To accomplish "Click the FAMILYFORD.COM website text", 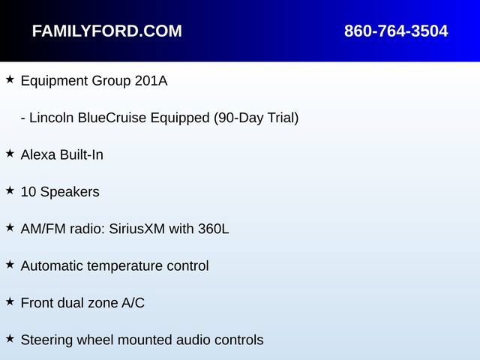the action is [x=106, y=31].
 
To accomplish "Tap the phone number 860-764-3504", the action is [x=396, y=31].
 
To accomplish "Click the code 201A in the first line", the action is [x=151, y=81].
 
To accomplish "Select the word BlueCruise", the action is [x=112, y=118].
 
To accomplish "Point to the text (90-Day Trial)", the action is [x=256, y=118].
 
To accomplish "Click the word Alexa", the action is [x=38, y=155].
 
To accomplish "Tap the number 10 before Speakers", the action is [x=28, y=192].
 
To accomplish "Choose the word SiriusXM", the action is [x=136, y=229].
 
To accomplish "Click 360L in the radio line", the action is [x=213, y=229].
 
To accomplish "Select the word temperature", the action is [x=125, y=266].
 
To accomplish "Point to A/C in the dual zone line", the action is [x=133, y=303].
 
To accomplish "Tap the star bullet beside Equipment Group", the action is [x=10, y=79].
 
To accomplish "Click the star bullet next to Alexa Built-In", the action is [x=10, y=154].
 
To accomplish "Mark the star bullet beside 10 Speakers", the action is [x=10, y=190].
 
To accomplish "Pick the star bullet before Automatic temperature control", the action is [x=10, y=265].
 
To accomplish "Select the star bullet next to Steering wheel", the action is [x=10, y=339].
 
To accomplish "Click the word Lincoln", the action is [x=52, y=118].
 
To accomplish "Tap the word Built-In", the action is [x=82, y=155].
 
